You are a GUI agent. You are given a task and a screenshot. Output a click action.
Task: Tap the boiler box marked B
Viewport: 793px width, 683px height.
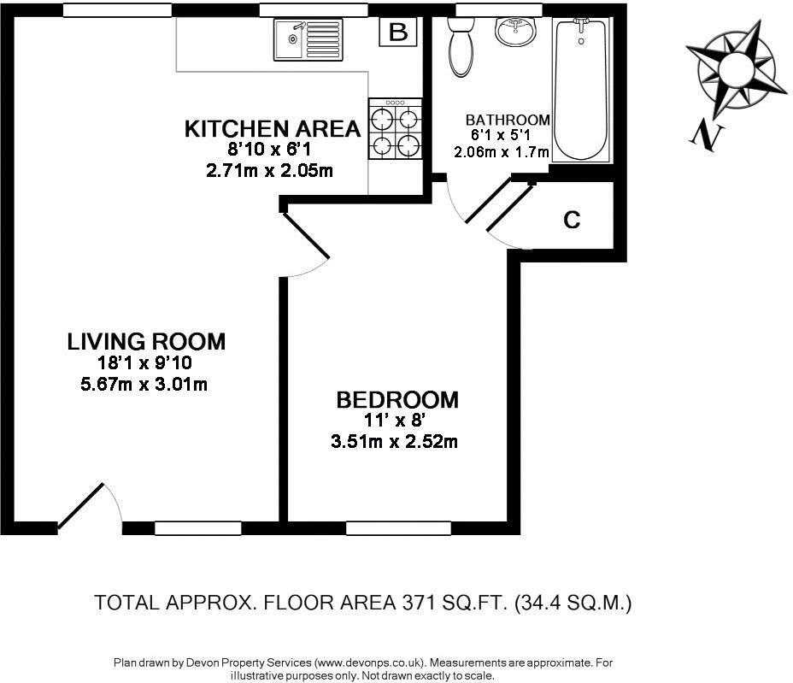(398, 32)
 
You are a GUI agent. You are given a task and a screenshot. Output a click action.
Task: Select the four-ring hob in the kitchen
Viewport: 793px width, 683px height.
(395, 129)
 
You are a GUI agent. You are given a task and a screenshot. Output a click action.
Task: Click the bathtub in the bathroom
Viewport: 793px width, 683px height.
(581, 90)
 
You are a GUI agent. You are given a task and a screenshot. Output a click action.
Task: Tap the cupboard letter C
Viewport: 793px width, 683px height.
(572, 221)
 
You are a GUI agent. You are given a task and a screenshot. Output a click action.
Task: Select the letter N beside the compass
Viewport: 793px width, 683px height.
(708, 136)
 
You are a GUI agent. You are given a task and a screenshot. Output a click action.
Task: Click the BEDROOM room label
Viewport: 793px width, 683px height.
(397, 400)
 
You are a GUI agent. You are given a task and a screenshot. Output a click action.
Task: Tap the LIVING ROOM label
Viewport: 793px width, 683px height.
(146, 342)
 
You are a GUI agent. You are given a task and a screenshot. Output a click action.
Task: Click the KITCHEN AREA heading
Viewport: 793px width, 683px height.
(273, 129)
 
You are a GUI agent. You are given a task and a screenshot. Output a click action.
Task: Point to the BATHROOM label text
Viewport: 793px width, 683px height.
(508, 120)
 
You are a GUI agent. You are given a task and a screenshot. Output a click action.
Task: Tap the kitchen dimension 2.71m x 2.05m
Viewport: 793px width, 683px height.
(269, 170)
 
